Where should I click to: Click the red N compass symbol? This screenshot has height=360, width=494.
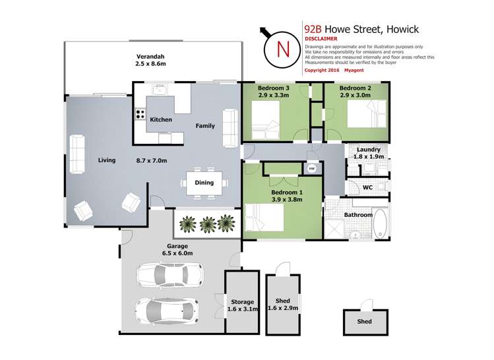282,48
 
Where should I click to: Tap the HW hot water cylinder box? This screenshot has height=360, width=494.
312,169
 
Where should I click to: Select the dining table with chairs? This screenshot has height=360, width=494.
204,183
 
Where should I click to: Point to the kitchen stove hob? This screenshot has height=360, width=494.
140,113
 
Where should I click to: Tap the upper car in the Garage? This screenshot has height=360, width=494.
169,273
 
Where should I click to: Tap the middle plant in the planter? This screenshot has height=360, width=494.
208,224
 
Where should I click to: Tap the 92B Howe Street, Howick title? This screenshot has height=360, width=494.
361,29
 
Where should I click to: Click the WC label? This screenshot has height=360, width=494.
368,188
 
